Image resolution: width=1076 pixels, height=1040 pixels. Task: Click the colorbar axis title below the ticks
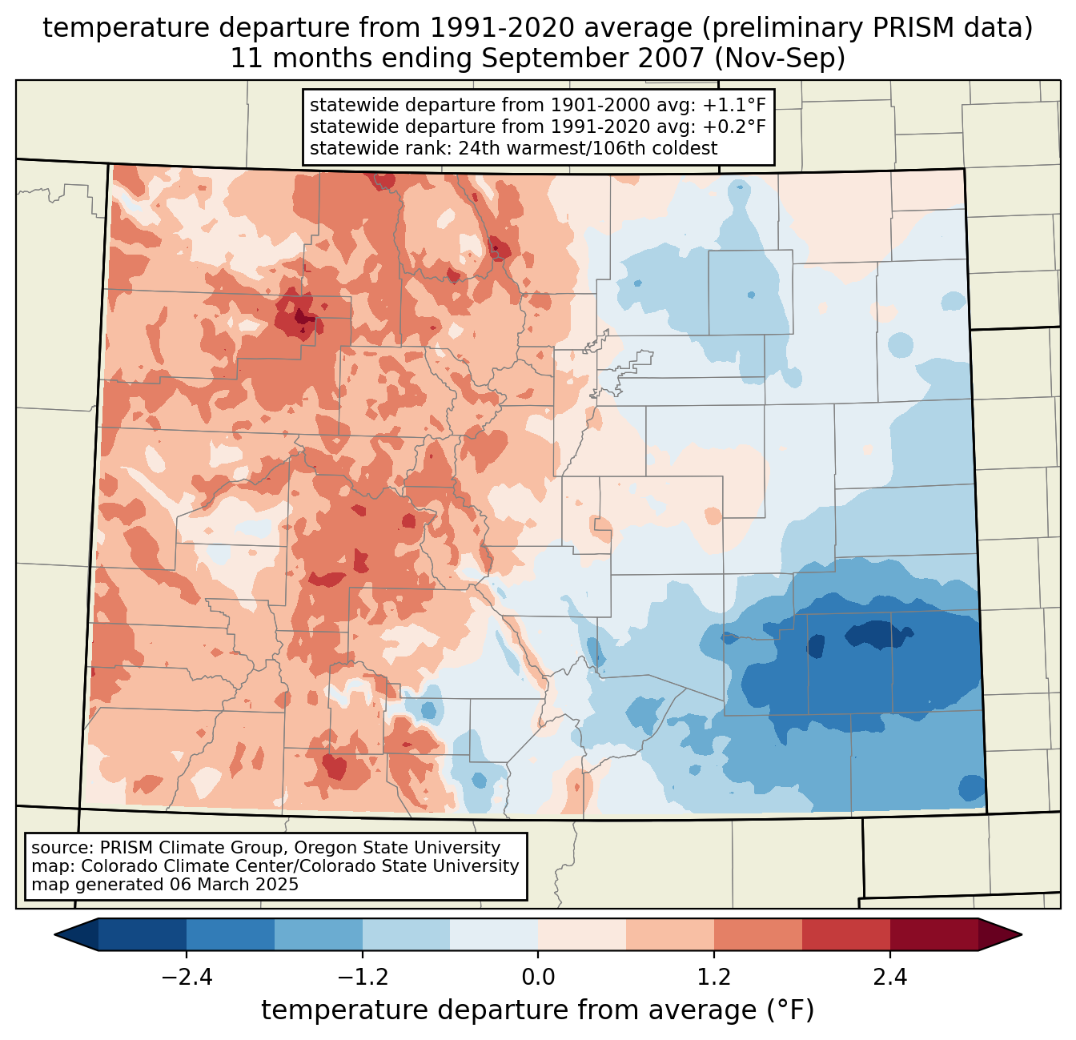538,1010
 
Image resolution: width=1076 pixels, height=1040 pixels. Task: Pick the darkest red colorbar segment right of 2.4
933,934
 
